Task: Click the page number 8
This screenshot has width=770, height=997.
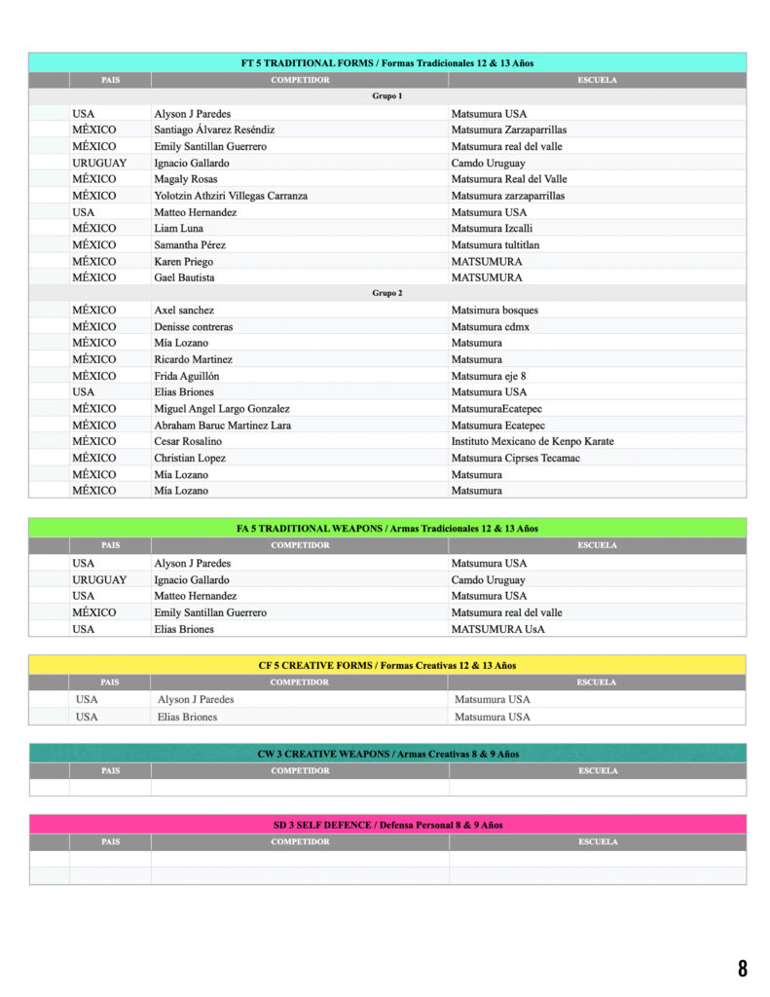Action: [743, 968]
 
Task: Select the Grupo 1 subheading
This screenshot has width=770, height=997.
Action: [387, 96]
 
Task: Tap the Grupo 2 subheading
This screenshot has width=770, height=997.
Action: [387, 293]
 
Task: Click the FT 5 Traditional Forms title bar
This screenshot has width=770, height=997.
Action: [387, 62]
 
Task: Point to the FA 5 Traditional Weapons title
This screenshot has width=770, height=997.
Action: [387, 528]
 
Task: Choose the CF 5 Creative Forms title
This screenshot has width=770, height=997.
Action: [387, 665]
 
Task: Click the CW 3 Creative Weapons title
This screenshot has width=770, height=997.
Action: [387, 754]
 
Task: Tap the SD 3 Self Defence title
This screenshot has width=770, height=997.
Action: [387, 825]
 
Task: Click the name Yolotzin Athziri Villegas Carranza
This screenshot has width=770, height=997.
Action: [231, 196]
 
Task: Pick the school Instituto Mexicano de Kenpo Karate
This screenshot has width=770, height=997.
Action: [532, 441]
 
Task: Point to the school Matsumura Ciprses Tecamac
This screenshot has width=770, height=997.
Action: [516, 458]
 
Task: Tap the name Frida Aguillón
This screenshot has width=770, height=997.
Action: [187, 376]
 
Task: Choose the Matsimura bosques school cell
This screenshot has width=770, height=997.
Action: [495, 311]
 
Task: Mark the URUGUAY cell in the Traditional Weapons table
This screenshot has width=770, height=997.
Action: [99, 579]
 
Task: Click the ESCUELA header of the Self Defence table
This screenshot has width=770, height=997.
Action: [597, 842]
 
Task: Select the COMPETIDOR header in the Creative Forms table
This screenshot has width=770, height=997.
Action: [300, 683]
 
